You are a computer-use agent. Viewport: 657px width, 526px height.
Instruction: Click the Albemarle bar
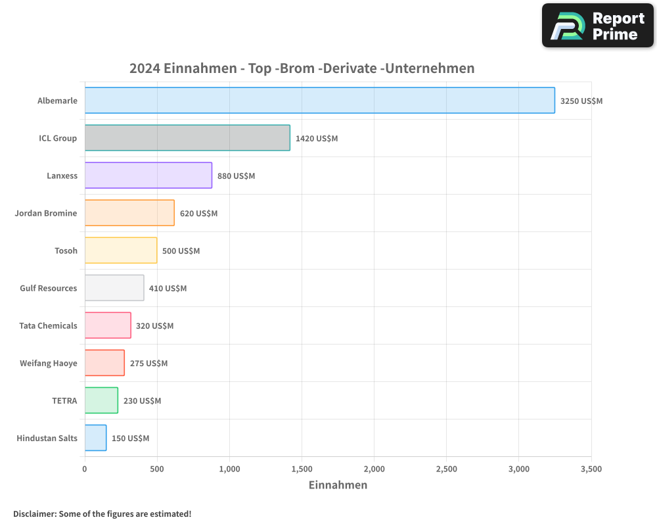319,101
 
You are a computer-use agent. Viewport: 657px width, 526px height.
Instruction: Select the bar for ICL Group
187,138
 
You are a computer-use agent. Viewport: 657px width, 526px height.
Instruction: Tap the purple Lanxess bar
148,176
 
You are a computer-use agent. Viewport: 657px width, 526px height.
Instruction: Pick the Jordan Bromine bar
129,213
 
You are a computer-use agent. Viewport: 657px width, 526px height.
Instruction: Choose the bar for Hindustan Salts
95,438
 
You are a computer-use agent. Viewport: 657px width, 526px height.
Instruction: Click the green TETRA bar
101,400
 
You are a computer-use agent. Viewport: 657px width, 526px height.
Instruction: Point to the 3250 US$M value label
581,101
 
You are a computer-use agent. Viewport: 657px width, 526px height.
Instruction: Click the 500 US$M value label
181,251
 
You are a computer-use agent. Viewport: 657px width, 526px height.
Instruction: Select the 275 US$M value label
148,364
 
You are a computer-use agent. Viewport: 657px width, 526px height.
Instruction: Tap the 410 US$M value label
168,289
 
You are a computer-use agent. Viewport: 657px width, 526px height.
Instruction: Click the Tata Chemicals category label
48,326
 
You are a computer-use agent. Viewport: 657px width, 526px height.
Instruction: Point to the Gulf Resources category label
48,289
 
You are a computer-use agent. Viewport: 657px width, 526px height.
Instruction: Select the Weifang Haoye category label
48,364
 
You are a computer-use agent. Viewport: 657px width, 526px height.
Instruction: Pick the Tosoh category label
66,251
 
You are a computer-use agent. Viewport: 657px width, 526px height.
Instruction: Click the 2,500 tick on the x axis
446,469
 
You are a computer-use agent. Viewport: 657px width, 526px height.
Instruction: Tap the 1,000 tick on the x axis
229,469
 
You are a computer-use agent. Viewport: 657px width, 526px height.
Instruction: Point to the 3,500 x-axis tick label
591,469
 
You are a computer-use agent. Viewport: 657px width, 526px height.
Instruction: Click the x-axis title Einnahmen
338,485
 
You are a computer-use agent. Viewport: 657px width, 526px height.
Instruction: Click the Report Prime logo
597,26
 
